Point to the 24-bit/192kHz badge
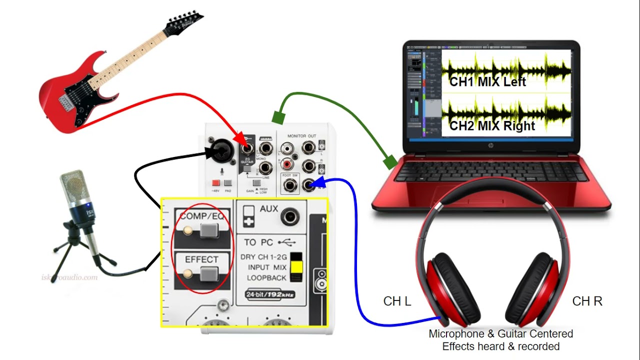pos(270,294)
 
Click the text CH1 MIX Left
pos(487,82)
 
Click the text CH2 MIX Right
pos(492,125)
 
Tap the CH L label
pos(397,301)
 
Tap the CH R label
pos(587,301)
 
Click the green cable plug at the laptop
pos(389,162)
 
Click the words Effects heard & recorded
pos(500,346)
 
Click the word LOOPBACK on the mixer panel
pos(266,277)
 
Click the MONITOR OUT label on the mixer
pos(301,136)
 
